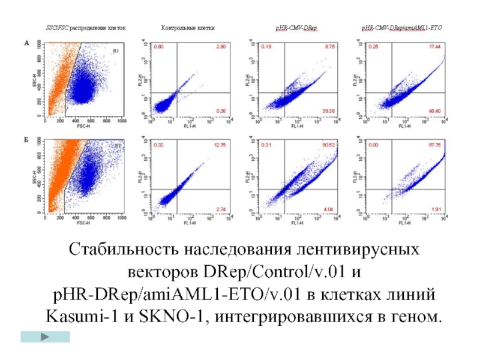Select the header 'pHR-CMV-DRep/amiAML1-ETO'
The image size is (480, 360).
[401, 28]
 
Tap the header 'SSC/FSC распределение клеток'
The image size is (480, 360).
[86, 28]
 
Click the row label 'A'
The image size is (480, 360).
[26, 43]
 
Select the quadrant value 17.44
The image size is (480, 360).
[435, 47]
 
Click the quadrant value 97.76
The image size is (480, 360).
[435, 145]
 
